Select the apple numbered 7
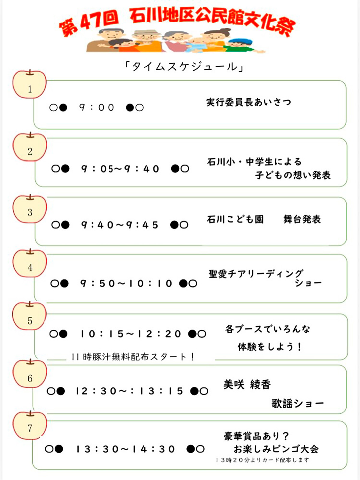click(30, 426)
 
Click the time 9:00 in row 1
click(97, 107)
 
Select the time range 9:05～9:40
click(120, 169)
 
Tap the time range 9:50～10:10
click(126, 283)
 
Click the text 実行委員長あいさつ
click(248, 102)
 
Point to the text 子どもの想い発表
click(293, 175)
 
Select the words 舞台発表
click(302, 219)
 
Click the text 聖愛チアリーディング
click(256, 274)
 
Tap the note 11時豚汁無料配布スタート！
click(133, 357)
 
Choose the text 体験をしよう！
click(269, 347)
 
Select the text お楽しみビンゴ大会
click(276, 449)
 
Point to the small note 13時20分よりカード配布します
click(262, 460)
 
